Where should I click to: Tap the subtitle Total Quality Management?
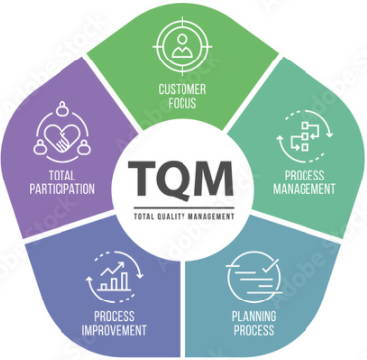point(182,214)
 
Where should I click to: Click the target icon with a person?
point(182,45)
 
